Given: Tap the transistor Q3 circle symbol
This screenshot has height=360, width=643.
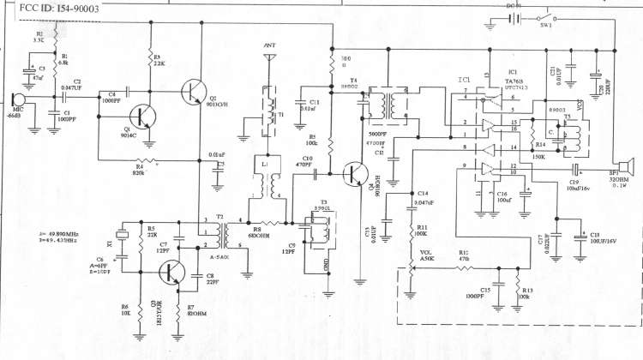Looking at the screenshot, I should tap(171, 273).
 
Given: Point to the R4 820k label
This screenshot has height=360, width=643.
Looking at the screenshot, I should tap(138, 170).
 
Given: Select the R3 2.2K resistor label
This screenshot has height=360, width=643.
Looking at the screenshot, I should tap(158, 60).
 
